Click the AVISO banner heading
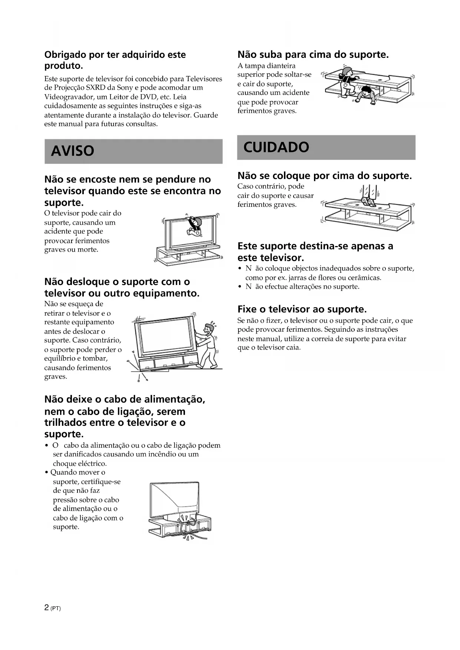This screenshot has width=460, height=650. pyautogui.click(x=73, y=151)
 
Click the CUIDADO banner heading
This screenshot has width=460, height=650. pyautogui.click(x=276, y=147)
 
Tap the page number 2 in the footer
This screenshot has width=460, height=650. pyautogui.click(x=46, y=608)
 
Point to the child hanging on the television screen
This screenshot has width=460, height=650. pyautogui.click(x=193, y=225)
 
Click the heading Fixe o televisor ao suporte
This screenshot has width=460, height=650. pyautogui.click(x=302, y=309)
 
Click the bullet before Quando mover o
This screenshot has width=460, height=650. pyautogui.click(x=46, y=472)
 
